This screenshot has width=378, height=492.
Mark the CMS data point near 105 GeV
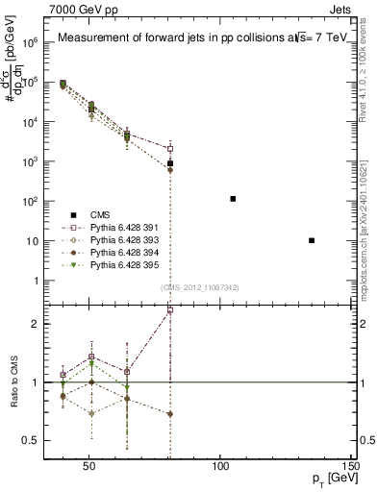(x=233, y=199)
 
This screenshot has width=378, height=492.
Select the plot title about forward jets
(x=200, y=38)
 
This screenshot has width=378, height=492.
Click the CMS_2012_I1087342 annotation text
(x=200, y=288)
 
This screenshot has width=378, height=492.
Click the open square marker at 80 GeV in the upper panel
(x=170, y=149)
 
